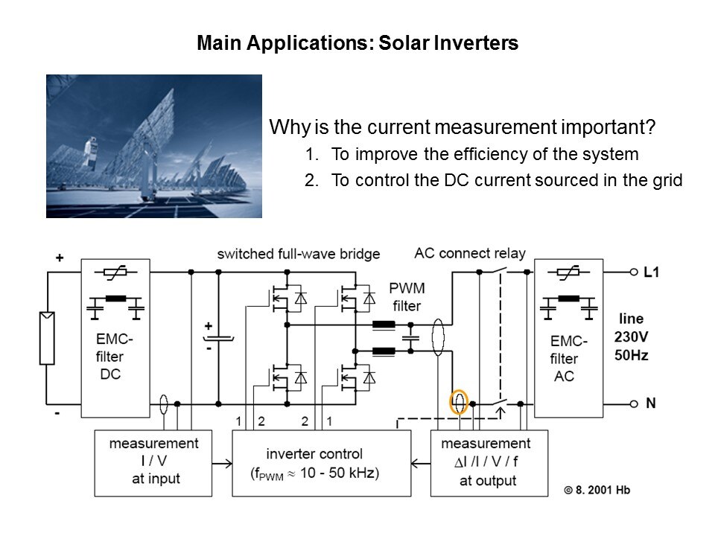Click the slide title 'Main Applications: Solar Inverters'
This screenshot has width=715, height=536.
pos(357,43)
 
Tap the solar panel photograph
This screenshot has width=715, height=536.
pos(154,146)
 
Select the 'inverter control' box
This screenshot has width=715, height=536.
pos(322,462)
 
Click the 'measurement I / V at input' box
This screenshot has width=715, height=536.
pos(153,462)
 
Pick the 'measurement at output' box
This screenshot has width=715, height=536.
pos(488,462)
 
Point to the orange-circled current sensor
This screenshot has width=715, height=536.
pos(459,403)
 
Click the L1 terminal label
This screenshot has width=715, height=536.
pos(652,272)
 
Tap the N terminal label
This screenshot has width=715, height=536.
pos(650,403)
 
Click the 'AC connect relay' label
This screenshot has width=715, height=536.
pos(470,253)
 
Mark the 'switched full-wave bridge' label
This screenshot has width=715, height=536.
pos(299,254)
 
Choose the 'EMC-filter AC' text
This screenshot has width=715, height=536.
pos(568,359)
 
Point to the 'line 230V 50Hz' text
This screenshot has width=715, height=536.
pos(631,337)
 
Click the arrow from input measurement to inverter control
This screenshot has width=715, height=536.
pos(223,462)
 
